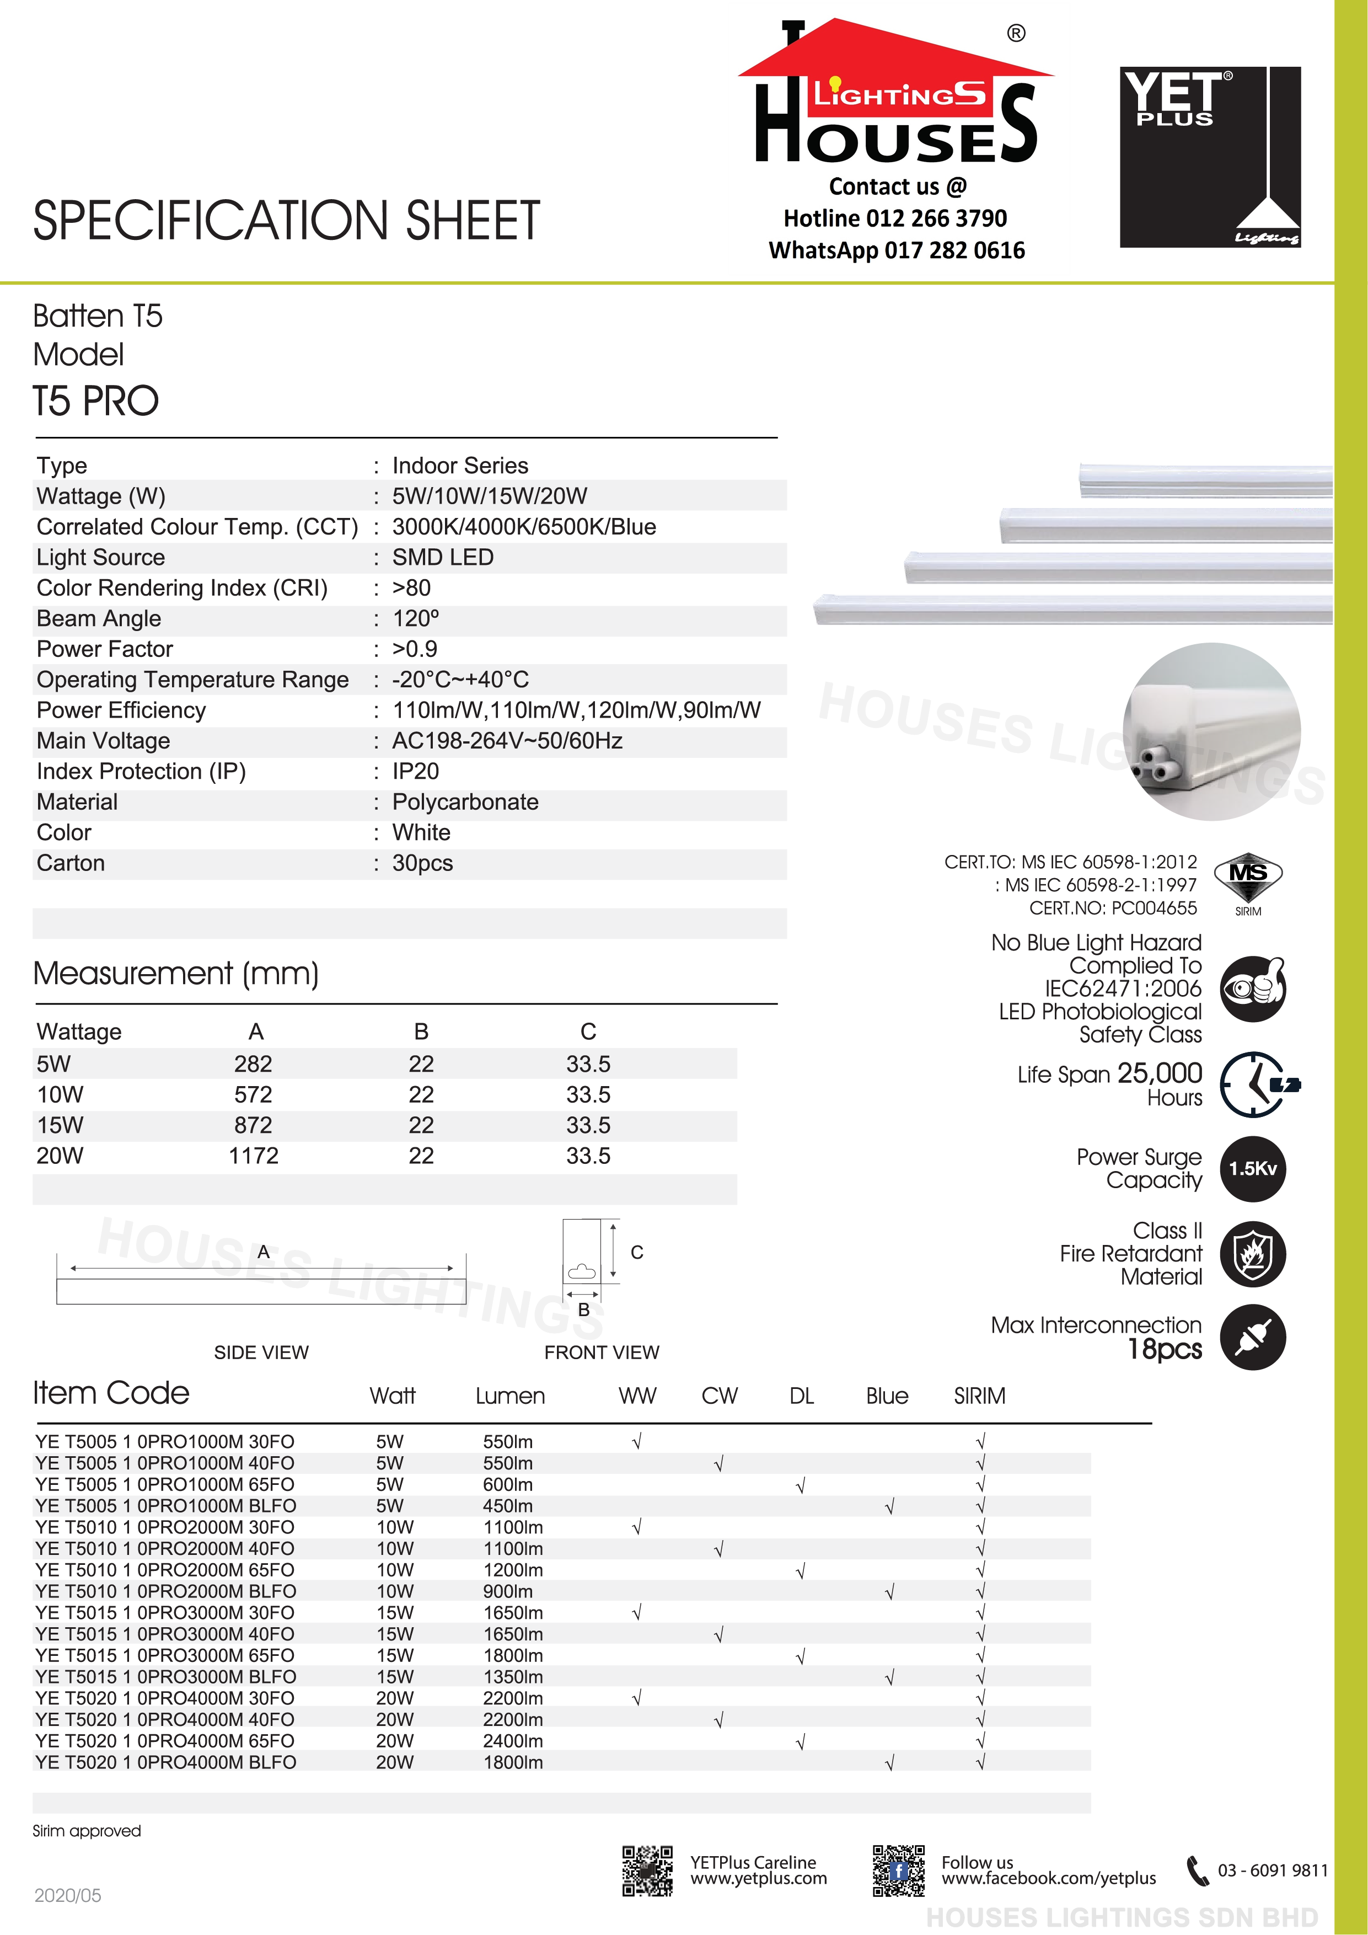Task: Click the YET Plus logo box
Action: pyautogui.click(x=1210, y=157)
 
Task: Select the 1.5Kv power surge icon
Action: pyautogui.click(x=1253, y=1169)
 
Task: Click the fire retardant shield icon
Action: pyautogui.click(x=1253, y=1253)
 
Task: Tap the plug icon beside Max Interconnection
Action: pyautogui.click(x=1253, y=1338)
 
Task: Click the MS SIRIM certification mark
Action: pyautogui.click(x=1248, y=881)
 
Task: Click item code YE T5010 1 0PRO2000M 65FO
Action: pyautogui.click(x=165, y=1570)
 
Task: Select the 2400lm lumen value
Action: pyautogui.click(x=512, y=1741)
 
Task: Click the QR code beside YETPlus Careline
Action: pyautogui.click(x=647, y=1871)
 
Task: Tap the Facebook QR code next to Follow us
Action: pyautogui.click(x=898, y=1871)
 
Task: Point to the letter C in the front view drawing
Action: pyautogui.click(x=637, y=1252)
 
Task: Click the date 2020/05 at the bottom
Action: pyautogui.click(x=67, y=1895)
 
